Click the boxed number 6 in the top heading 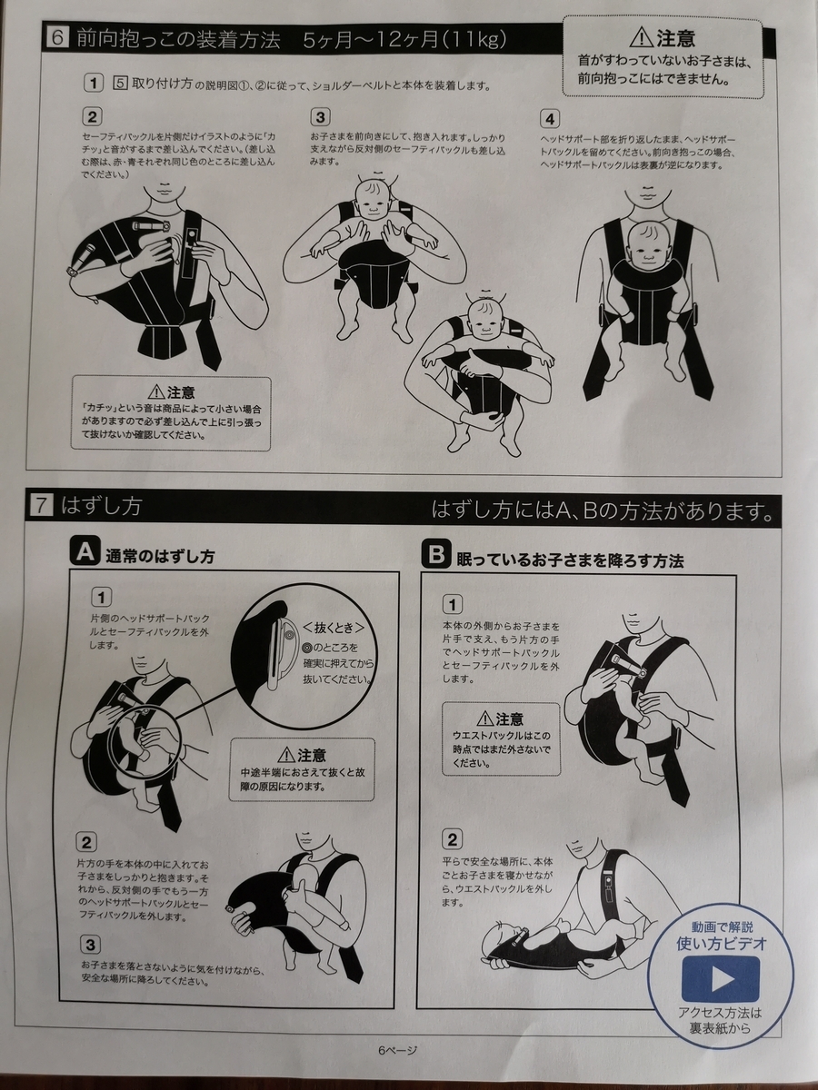pos(58,38)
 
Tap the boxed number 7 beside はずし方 pos(42,506)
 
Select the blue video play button pos(720,979)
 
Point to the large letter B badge pos(436,554)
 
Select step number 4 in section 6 pos(549,119)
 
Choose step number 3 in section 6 pos(320,118)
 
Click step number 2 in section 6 pos(92,117)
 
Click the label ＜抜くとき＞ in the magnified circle pos(334,628)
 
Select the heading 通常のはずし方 pos(160,557)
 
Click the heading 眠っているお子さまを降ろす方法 pos(570,560)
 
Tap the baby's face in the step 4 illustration pos(647,248)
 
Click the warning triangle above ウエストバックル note pos(484,718)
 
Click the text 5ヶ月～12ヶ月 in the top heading pos(371,39)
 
